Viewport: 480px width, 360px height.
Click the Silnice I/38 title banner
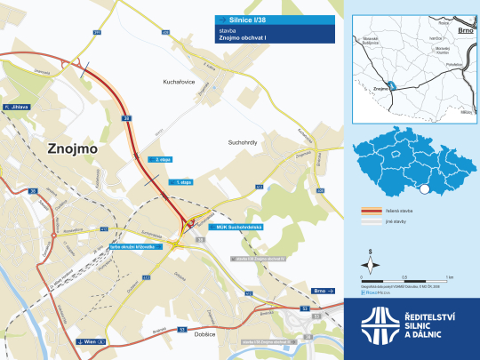pos(274,20)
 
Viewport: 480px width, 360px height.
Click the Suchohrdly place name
pos(246,141)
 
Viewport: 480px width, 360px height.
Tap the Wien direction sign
pos(91,340)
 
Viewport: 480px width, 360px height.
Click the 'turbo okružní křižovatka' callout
pos(138,245)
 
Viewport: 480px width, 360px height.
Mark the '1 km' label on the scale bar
pos(449,277)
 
